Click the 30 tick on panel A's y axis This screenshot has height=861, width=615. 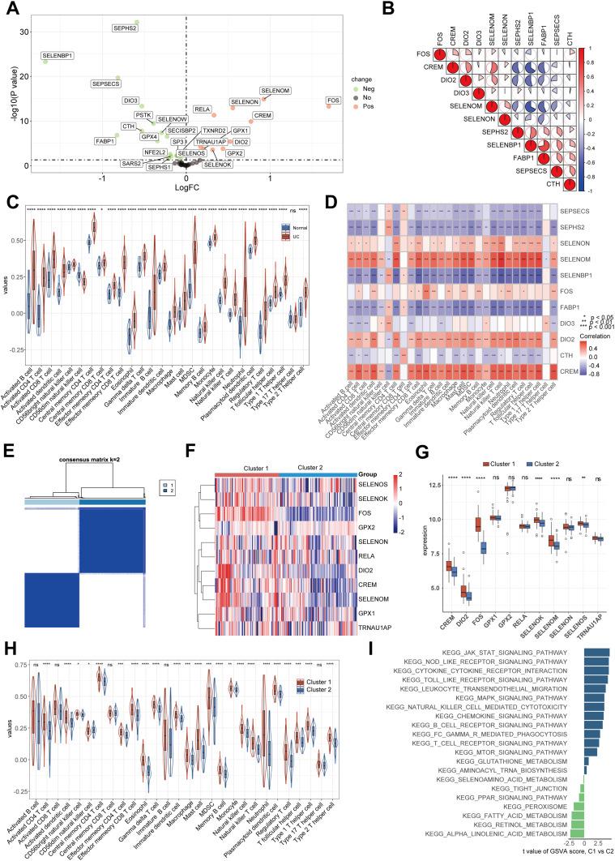tap(23, 32)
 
